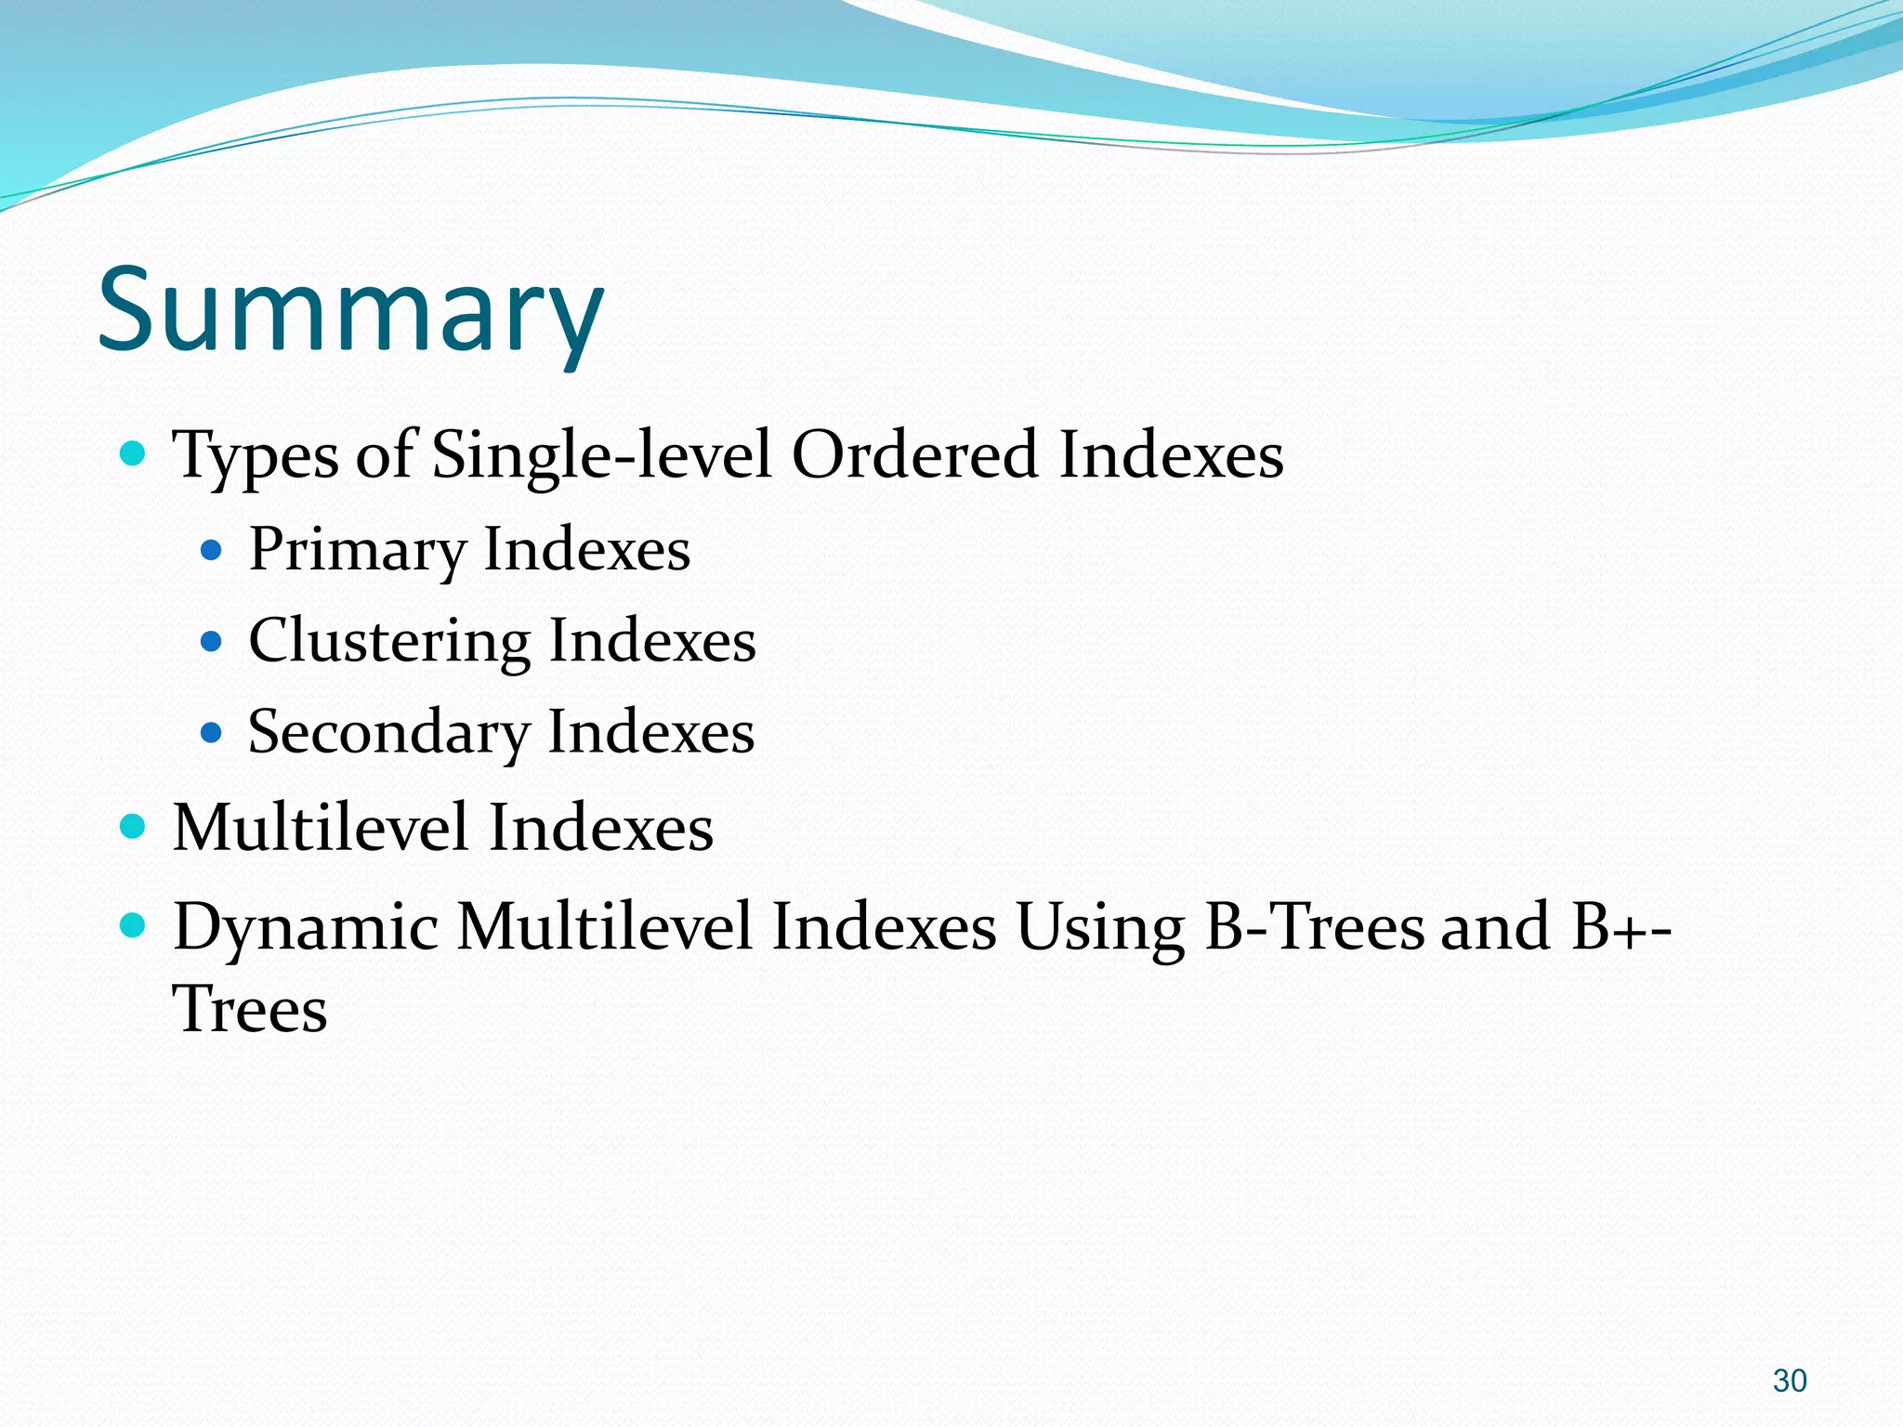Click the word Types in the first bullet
coord(256,456)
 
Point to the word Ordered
coord(914,456)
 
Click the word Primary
coord(357,550)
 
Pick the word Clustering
coord(390,641)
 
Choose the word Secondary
coord(388,732)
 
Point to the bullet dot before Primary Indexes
coord(212,551)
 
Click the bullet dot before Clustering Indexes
coord(212,641)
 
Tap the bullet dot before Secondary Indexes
coord(212,733)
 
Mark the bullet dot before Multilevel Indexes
coord(134,826)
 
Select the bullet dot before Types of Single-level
coord(134,454)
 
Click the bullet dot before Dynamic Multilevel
coord(134,925)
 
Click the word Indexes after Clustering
coord(652,641)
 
